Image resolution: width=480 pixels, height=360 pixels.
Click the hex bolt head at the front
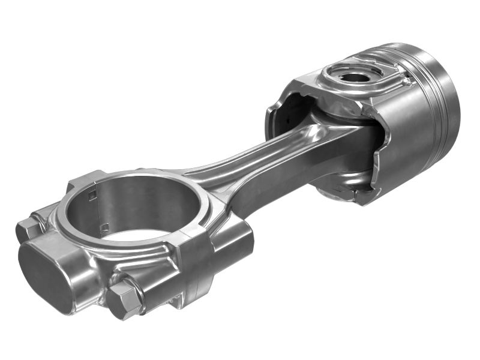click(x=125, y=298)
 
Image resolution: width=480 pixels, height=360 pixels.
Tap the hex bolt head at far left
click(x=27, y=228)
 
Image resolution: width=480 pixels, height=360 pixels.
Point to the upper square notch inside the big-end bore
click(x=91, y=194)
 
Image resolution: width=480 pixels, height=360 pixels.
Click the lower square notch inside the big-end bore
click(x=104, y=227)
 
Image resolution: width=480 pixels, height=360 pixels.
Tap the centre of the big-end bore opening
click(x=135, y=207)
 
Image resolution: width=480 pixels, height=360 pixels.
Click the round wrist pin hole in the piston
click(x=354, y=76)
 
